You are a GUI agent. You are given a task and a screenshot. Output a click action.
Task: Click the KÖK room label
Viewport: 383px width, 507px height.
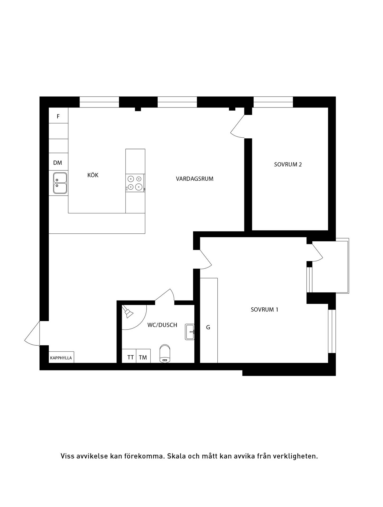pyautogui.click(x=93, y=175)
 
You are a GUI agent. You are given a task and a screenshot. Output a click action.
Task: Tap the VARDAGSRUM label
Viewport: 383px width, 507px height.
pyautogui.click(x=195, y=179)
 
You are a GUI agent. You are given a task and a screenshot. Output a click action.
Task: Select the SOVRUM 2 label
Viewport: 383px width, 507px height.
pyautogui.click(x=288, y=165)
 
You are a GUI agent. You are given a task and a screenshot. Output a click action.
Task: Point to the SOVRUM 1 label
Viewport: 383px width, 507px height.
pyautogui.click(x=264, y=309)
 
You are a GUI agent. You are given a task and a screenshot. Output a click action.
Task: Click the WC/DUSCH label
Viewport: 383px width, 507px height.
pyautogui.click(x=162, y=325)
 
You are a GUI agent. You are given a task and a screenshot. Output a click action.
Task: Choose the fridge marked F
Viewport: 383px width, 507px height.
pyautogui.click(x=58, y=115)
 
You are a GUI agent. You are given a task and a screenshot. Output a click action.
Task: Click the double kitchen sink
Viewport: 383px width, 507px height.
pyautogui.click(x=60, y=183)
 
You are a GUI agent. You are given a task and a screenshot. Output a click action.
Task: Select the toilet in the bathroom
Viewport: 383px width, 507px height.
pyautogui.click(x=165, y=353)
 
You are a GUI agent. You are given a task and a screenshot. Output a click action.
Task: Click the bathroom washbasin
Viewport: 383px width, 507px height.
pyautogui.click(x=190, y=332)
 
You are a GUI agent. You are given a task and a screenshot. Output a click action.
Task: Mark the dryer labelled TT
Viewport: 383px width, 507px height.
pyautogui.click(x=129, y=356)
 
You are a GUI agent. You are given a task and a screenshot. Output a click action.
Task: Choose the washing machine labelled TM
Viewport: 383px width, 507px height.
pyautogui.click(x=143, y=356)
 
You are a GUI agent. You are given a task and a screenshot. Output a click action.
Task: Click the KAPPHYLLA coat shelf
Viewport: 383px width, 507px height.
pyautogui.click(x=61, y=357)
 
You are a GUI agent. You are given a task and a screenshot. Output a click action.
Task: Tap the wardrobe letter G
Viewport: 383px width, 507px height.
pyautogui.click(x=208, y=327)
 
